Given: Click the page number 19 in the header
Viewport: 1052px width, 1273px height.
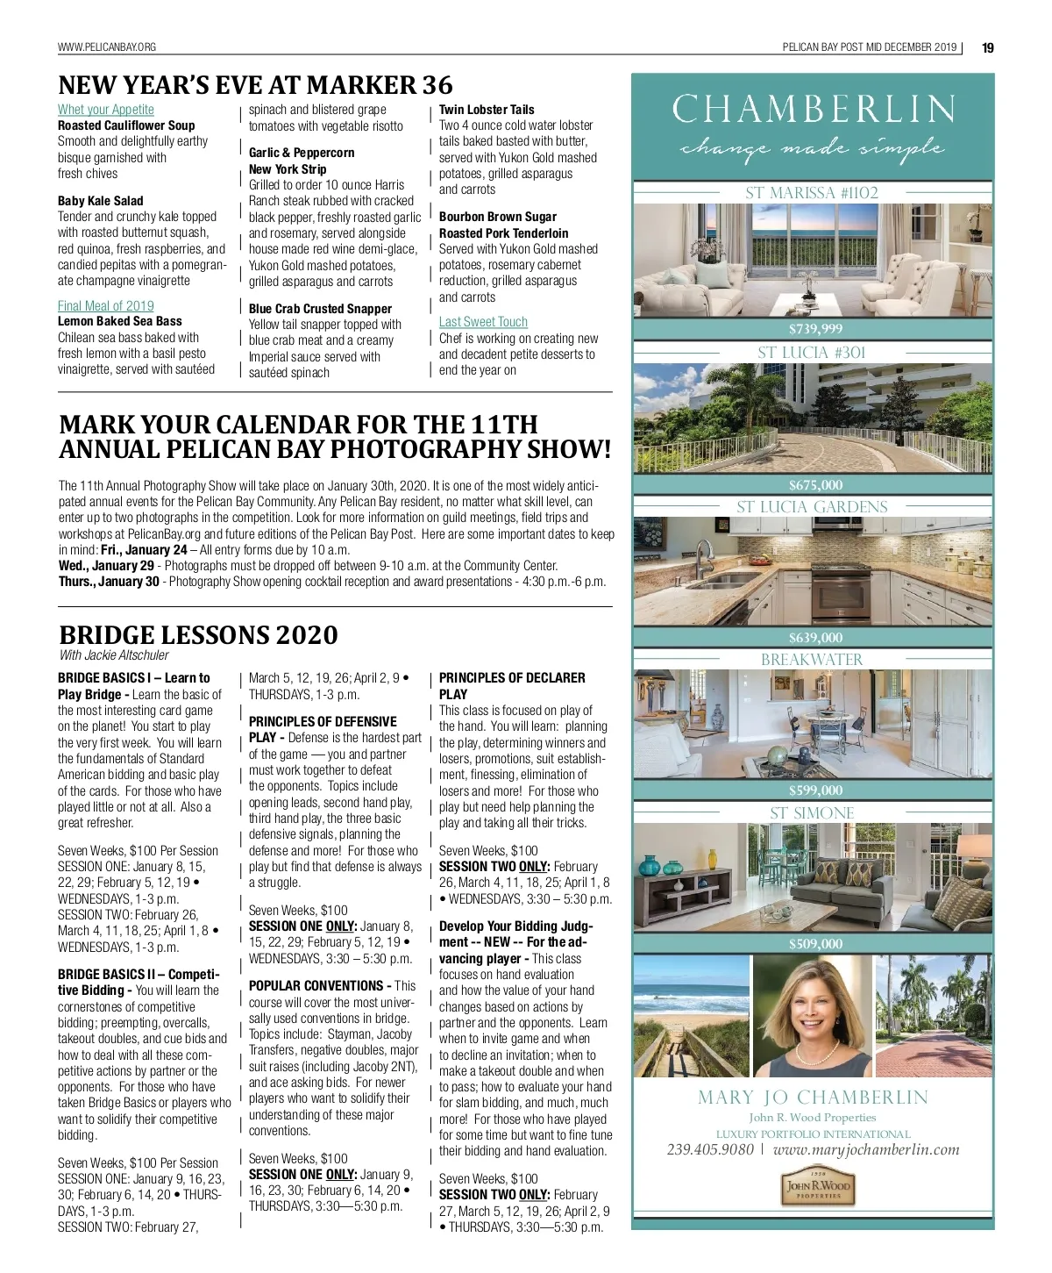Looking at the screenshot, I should click(988, 47).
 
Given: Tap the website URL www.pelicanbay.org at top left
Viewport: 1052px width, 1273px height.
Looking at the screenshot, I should click(107, 47).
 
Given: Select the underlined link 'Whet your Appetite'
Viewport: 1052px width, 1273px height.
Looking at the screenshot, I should click(106, 110).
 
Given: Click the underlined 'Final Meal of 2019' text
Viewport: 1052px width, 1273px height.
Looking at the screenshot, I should click(106, 305).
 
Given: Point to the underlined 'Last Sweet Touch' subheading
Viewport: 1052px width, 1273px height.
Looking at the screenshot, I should click(483, 322).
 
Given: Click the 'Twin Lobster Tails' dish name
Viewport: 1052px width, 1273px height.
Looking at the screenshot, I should click(487, 110).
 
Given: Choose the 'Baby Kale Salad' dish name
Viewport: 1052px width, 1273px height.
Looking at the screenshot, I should click(101, 201).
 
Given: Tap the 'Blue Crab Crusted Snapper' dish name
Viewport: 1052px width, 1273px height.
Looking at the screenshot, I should click(320, 309).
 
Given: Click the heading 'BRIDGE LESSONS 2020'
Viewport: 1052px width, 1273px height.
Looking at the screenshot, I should click(198, 634).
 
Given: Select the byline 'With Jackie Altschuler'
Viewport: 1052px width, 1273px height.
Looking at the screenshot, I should click(114, 655).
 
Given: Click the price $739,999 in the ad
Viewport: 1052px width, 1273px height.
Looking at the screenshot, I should click(815, 329).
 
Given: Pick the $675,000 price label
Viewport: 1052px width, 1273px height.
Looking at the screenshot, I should click(815, 485).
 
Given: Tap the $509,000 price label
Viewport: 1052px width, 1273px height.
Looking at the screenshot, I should click(815, 944).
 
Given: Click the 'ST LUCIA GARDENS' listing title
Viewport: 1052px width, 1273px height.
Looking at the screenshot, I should click(813, 507).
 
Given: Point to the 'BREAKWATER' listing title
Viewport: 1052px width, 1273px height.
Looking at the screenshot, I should click(812, 660).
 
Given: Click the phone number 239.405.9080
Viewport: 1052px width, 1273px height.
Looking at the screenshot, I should click(710, 1149).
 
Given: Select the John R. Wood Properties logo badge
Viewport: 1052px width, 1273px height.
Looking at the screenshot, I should click(817, 1188).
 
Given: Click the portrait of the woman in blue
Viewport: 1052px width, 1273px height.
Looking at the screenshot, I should click(813, 1017).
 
